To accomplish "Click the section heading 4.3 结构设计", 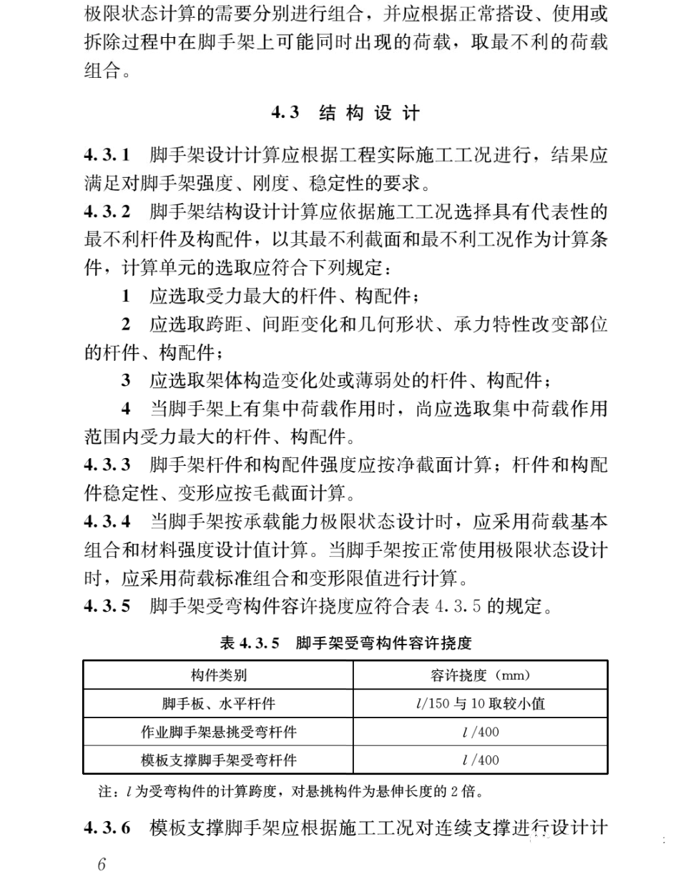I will click(345, 113).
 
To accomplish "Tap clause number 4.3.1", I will click(107, 155).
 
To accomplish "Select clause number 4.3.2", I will click(107, 212).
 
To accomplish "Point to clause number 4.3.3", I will click(107, 465).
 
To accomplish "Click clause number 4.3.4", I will click(107, 521).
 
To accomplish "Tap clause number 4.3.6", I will click(107, 828).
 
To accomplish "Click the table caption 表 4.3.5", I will click(345, 644).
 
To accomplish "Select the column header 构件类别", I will click(218, 675).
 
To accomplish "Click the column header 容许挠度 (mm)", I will click(480, 675).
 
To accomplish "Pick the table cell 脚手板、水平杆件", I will click(218, 704).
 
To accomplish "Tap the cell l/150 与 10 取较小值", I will click(480, 704).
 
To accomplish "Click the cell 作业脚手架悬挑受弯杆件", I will click(218, 733).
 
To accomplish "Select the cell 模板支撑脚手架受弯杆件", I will click(218, 760).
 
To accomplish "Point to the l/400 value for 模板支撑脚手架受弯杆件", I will click(480, 760).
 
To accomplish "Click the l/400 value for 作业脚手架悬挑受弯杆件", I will click(480, 733).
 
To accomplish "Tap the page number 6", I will click(102, 864).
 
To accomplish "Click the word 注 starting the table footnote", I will click(103, 792).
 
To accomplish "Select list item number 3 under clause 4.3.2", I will click(126, 380).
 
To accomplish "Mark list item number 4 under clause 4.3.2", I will click(126, 409).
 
